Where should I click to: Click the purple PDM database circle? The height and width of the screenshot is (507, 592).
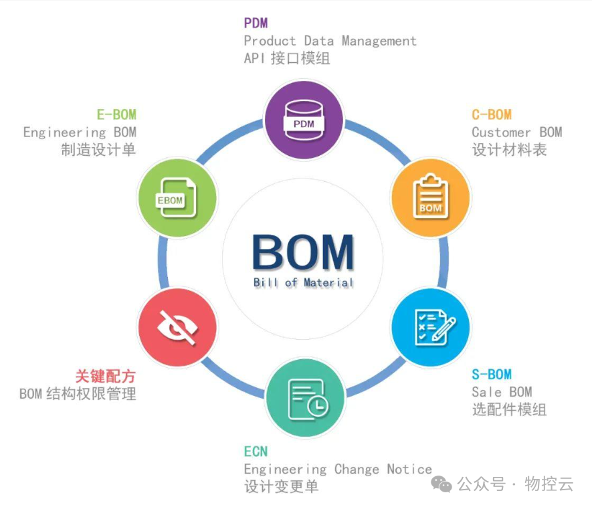[304, 120]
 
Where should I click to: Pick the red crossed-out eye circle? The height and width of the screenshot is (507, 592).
[177, 327]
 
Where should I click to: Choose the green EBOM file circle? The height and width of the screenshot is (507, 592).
[177, 197]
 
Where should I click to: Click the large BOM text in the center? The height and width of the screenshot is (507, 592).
[303, 253]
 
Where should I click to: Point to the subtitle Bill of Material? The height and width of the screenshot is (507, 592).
[303, 283]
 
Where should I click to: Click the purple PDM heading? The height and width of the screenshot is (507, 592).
[256, 23]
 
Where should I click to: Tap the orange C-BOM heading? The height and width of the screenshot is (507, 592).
[492, 115]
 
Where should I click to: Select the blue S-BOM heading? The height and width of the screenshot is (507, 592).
[492, 375]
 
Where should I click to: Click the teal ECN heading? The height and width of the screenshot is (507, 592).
[256, 451]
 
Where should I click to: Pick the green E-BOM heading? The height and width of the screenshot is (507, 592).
[116, 114]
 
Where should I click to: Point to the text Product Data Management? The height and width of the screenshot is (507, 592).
[330, 41]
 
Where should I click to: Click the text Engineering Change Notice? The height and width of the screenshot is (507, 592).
[338, 469]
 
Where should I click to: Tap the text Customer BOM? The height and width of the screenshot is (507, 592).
[516, 132]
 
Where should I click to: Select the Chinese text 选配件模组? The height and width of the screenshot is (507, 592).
[509, 409]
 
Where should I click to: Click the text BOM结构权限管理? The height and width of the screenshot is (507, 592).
[78, 393]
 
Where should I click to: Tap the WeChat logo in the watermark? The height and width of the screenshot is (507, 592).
[441, 484]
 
